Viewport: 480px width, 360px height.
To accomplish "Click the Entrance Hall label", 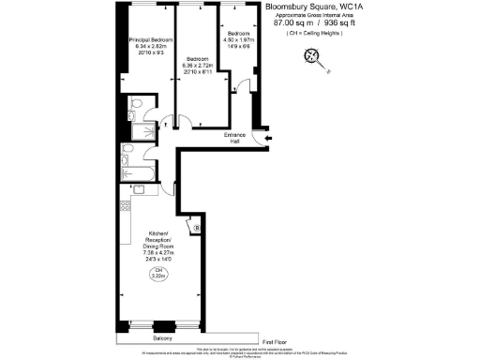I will pos(234,139).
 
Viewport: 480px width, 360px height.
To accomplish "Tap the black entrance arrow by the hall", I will pos(268,140).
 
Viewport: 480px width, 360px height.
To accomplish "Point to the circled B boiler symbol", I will pos(195,228).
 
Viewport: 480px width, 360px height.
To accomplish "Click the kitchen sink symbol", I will pos(140,191).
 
